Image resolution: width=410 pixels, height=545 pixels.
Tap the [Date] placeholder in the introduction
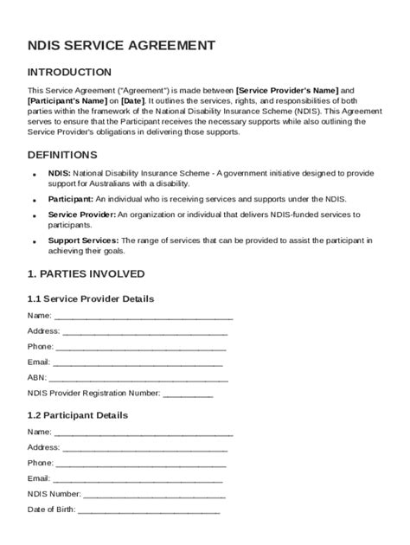point(135,100)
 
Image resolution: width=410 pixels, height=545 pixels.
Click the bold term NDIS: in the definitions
point(60,174)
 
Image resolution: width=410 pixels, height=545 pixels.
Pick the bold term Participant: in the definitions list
point(70,198)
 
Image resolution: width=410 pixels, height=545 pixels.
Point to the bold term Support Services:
point(84,240)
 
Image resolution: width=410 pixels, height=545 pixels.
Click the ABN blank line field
point(138,378)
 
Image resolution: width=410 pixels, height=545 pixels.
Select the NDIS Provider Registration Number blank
point(188,394)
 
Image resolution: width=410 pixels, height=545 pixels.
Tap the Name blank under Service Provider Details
point(144,316)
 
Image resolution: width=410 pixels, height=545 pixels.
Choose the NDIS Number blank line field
point(155,495)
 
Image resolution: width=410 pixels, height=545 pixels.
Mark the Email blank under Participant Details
point(138,478)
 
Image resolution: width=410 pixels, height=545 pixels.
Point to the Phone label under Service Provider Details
point(40,347)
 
